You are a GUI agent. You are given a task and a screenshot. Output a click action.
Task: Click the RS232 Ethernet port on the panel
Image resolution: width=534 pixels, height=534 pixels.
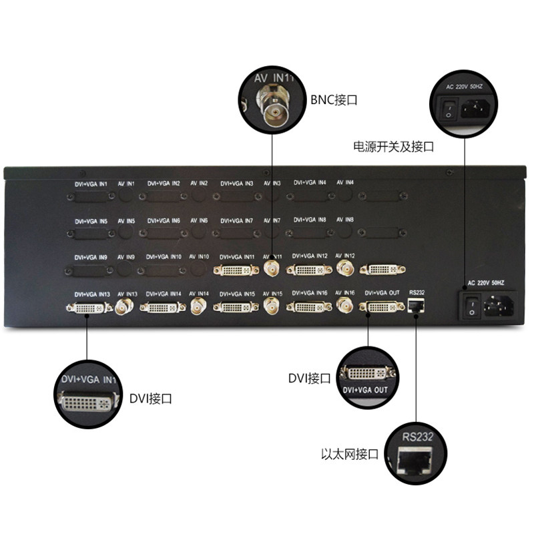[x=416, y=306]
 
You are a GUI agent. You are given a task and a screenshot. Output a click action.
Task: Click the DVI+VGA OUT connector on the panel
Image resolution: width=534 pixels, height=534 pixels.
[x=381, y=307]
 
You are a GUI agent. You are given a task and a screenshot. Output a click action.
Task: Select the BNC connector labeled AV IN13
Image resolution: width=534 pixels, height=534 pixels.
[x=124, y=307]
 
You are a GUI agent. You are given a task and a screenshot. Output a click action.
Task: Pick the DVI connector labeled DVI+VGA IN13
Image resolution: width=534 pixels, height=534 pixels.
[x=86, y=308]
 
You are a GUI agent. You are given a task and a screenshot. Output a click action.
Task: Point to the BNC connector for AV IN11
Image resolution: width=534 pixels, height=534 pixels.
[x=272, y=270]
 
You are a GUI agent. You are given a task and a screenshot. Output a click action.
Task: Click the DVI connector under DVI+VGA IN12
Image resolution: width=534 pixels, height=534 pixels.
[x=309, y=270]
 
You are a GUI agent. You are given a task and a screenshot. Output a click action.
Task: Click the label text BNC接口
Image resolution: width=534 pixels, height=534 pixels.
[x=334, y=101]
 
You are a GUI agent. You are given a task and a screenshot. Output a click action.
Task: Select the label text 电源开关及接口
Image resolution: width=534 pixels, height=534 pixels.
[x=393, y=147]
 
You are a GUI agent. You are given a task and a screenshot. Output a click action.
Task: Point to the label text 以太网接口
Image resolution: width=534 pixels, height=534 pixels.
[x=350, y=455]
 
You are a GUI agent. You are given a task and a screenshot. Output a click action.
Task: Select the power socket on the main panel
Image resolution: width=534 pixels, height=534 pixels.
[x=497, y=306]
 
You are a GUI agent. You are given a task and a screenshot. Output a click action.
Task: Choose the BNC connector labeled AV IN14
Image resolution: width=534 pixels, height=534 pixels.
[x=198, y=307]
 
